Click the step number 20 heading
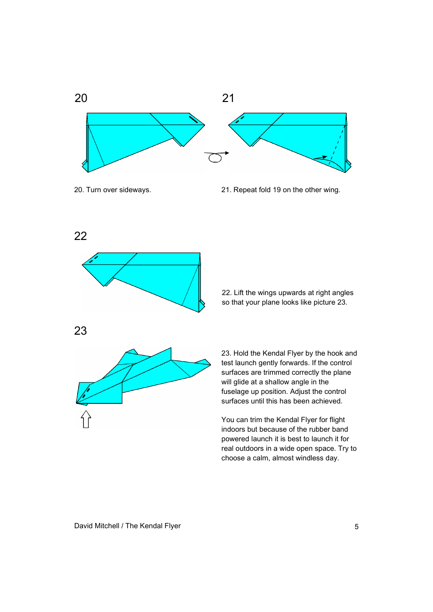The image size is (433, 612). point(81,98)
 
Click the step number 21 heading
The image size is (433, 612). point(228,98)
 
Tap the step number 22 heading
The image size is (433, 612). point(80,236)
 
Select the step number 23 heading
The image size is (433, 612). point(80,331)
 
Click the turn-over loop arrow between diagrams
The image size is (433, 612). point(216,157)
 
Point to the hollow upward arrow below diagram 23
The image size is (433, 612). point(86,419)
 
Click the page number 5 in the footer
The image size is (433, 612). point(356,527)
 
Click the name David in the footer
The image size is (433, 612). point(83,526)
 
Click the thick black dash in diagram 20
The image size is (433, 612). point(193,119)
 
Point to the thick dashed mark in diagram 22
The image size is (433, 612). point(93,260)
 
